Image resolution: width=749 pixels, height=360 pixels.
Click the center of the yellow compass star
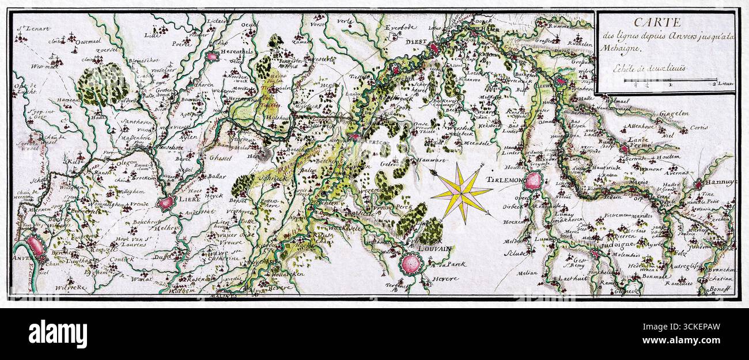click(461, 192)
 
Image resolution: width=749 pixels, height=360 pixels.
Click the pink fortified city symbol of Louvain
click(411, 264)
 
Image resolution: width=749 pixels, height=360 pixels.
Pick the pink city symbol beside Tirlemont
click(534, 181)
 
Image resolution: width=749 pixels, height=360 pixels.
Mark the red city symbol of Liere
click(167, 202)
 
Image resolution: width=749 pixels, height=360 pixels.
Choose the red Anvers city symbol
click(35, 247)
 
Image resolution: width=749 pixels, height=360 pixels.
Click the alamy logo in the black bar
click(58, 334)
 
